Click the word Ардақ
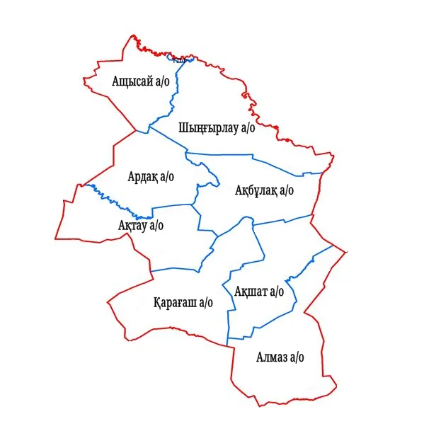[143, 176]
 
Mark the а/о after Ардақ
[167, 176]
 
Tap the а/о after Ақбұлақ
[286, 190]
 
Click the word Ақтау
[132, 225]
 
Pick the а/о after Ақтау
[156, 225]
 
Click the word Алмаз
[271, 357]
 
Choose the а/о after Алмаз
[296, 357]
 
